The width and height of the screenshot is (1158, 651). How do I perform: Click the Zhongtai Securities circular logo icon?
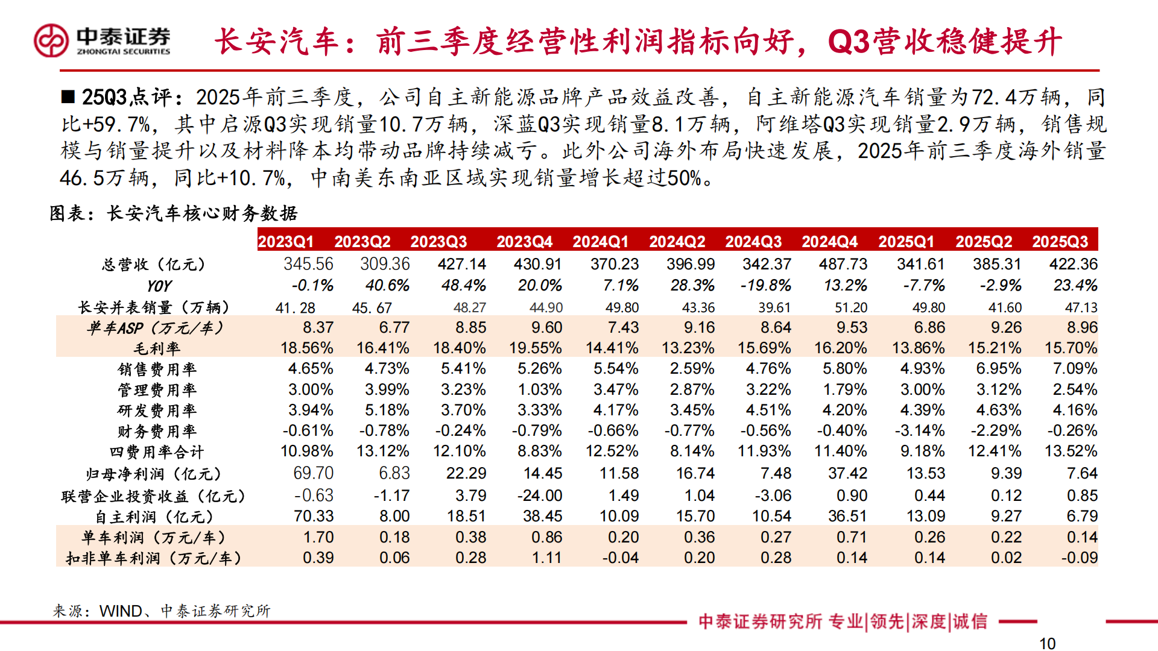[51, 40]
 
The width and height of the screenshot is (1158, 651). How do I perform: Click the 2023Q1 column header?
[286, 242]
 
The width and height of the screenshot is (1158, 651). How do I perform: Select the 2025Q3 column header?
[1060, 242]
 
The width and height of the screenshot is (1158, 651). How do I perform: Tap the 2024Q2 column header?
[677, 242]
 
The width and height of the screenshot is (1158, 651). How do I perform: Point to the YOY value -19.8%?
[766, 285]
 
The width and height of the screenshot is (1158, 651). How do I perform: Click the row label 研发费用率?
[157, 410]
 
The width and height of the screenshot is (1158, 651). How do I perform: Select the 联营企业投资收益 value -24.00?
[540, 495]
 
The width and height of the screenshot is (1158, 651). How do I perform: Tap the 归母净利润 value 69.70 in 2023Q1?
[313, 473]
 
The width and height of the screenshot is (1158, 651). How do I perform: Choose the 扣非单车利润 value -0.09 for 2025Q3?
[1079, 558]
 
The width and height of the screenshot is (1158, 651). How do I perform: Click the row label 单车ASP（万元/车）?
[155, 328]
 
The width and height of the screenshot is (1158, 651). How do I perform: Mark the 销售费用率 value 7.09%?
[1075, 368]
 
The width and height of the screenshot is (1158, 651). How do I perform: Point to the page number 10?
[1047, 644]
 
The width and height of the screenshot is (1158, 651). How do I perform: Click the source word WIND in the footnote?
[121, 611]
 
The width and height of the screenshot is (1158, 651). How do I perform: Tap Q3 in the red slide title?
[849, 42]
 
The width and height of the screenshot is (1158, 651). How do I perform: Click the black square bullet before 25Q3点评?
[68, 96]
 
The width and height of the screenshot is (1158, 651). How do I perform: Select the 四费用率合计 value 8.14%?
[692, 451]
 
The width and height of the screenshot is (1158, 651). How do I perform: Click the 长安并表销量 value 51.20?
[850, 307]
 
